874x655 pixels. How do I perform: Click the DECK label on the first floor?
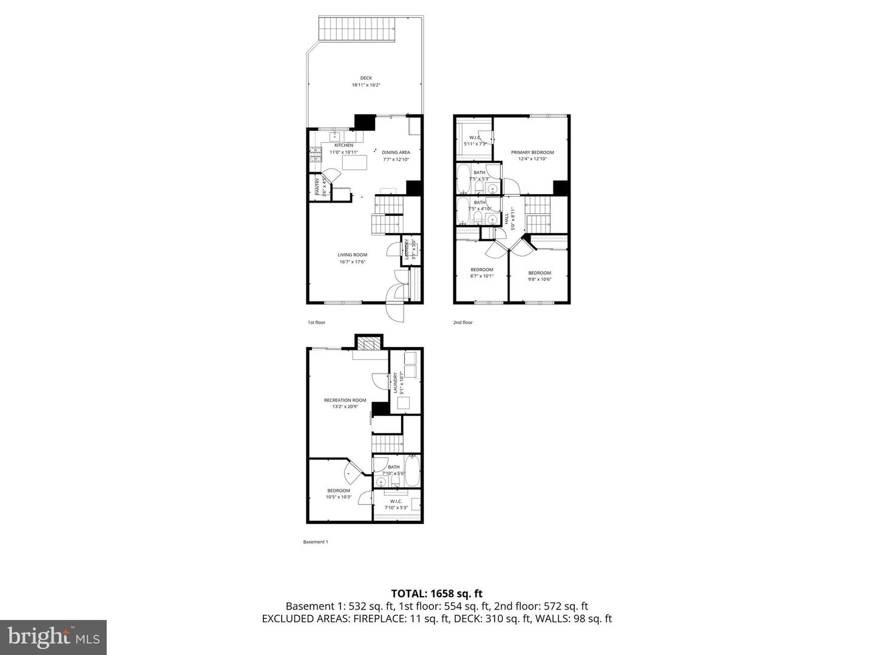366,78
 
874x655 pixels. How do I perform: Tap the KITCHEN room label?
344,146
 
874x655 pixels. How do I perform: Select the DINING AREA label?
396,153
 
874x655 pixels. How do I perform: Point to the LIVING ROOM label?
353,255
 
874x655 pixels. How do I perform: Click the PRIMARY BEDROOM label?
532,153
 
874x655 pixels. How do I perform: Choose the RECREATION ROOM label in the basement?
345,400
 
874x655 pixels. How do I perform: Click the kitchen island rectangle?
356,163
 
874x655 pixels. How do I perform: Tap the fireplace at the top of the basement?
368,344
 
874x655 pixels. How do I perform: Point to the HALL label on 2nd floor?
507,218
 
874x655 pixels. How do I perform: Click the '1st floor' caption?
316,323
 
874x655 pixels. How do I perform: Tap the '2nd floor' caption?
462,323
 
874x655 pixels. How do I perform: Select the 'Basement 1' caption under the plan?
315,542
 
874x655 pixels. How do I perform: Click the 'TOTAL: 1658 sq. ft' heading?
436,594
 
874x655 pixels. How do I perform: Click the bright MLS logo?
53,637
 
